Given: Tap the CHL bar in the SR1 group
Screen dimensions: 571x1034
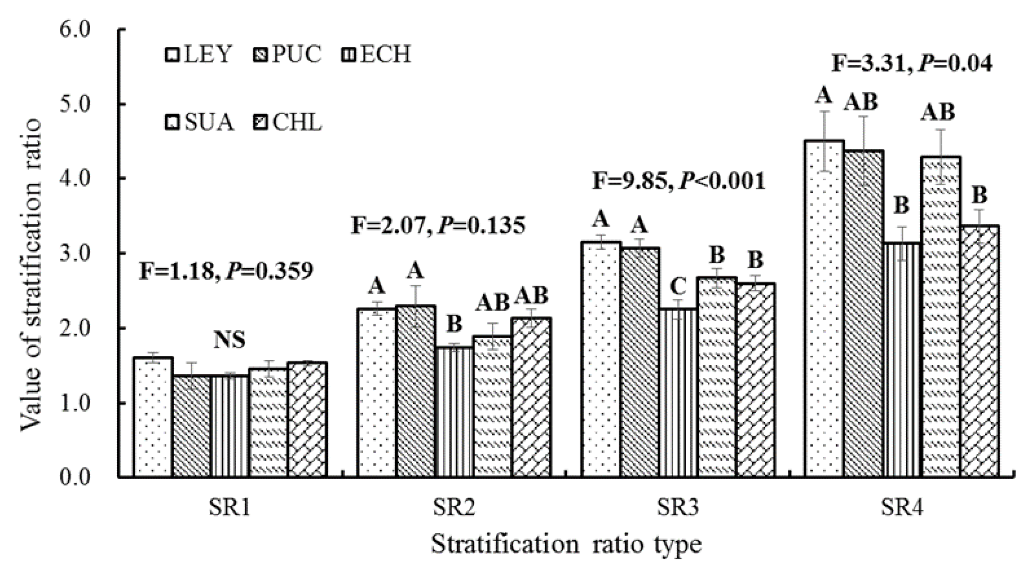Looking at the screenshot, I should coord(307,419).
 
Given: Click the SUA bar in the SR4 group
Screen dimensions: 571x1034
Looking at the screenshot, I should coord(940,317).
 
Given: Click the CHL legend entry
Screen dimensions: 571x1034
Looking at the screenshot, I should coord(287,122).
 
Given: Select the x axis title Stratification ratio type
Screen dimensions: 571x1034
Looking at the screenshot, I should coord(566,545).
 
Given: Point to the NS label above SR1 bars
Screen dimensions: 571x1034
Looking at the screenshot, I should coord(230,340).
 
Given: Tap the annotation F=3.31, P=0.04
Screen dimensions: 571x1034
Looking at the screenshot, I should coord(912,64).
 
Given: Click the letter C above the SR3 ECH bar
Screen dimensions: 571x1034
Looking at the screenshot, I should coord(678,287).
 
